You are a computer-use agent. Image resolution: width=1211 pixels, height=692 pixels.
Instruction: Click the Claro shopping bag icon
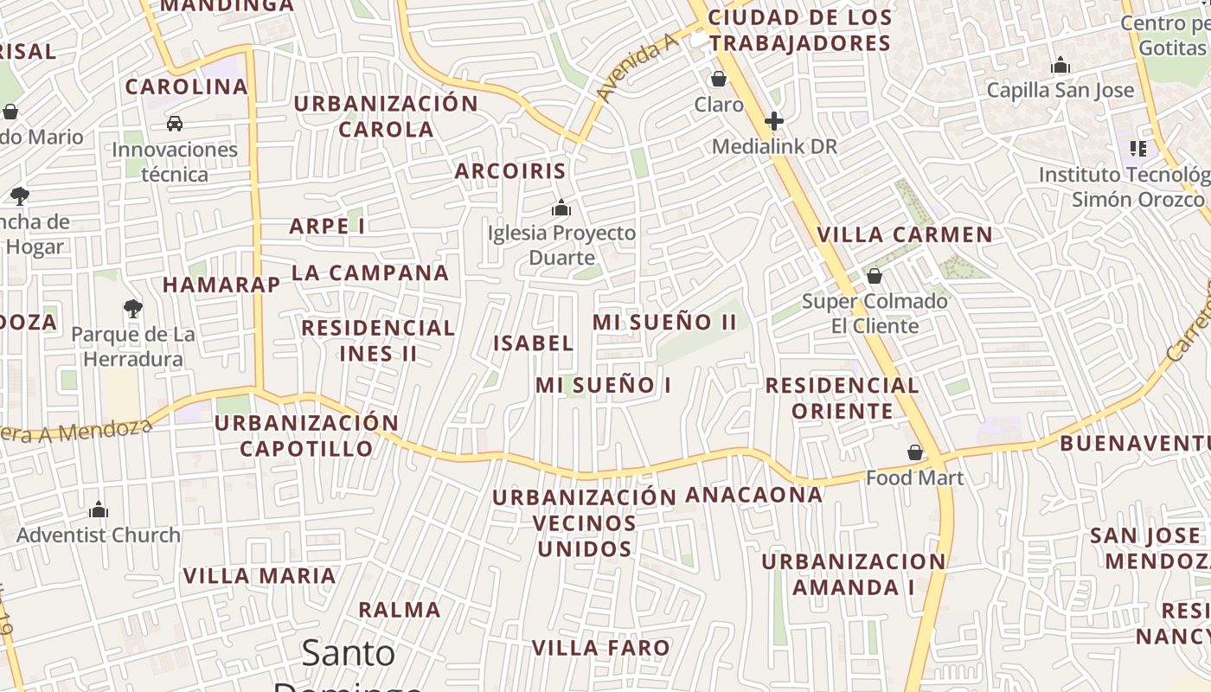pyautogui.click(x=718, y=80)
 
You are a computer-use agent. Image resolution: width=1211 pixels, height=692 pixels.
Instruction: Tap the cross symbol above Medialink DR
pyautogui.click(x=774, y=121)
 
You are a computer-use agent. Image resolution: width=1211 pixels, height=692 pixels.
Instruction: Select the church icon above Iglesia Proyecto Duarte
pyautogui.click(x=561, y=208)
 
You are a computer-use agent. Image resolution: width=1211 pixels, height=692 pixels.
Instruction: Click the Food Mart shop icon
pyautogui.click(x=914, y=452)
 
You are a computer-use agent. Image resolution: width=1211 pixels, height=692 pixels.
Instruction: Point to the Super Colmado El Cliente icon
pyautogui.click(x=875, y=277)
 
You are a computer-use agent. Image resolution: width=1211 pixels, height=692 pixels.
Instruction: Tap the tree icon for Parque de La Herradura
pyautogui.click(x=132, y=308)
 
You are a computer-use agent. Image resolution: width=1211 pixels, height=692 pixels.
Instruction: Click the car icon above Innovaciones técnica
pyautogui.click(x=175, y=124)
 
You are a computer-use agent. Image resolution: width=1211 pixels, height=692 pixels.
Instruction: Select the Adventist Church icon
pyautogui.click(x=99, y=509)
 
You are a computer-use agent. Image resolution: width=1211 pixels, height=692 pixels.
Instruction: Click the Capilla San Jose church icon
pyautogui.click(x=1060, y=66)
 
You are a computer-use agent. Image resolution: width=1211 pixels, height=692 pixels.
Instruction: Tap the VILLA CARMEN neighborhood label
pyautogui.click(x=905, y=234)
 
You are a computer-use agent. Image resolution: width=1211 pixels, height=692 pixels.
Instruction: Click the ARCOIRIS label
pyautogui.click(x=510, y=171)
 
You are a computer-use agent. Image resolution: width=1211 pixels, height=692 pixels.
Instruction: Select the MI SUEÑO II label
pyautogui.click(x=664, y=323)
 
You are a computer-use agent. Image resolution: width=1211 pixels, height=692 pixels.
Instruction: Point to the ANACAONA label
pyautogui.click(x=753, y=495)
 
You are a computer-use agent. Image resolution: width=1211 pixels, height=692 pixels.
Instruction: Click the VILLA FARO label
pyautogui.click(x=600, y=648)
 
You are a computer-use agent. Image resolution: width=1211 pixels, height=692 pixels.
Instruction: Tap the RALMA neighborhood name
pyautogui.click(x=400, y=610)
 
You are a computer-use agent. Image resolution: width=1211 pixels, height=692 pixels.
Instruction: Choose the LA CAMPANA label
pyautogui.click(x=370, y=273)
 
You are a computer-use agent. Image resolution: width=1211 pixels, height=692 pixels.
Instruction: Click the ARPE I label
pyautogui.click(x=327, y=227)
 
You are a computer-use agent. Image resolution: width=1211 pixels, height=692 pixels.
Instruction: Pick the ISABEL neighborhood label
pyautogui.click(x=533, y=343)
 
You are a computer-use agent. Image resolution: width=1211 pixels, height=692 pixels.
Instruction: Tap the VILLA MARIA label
pyautogui.click(x=259, y=576)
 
